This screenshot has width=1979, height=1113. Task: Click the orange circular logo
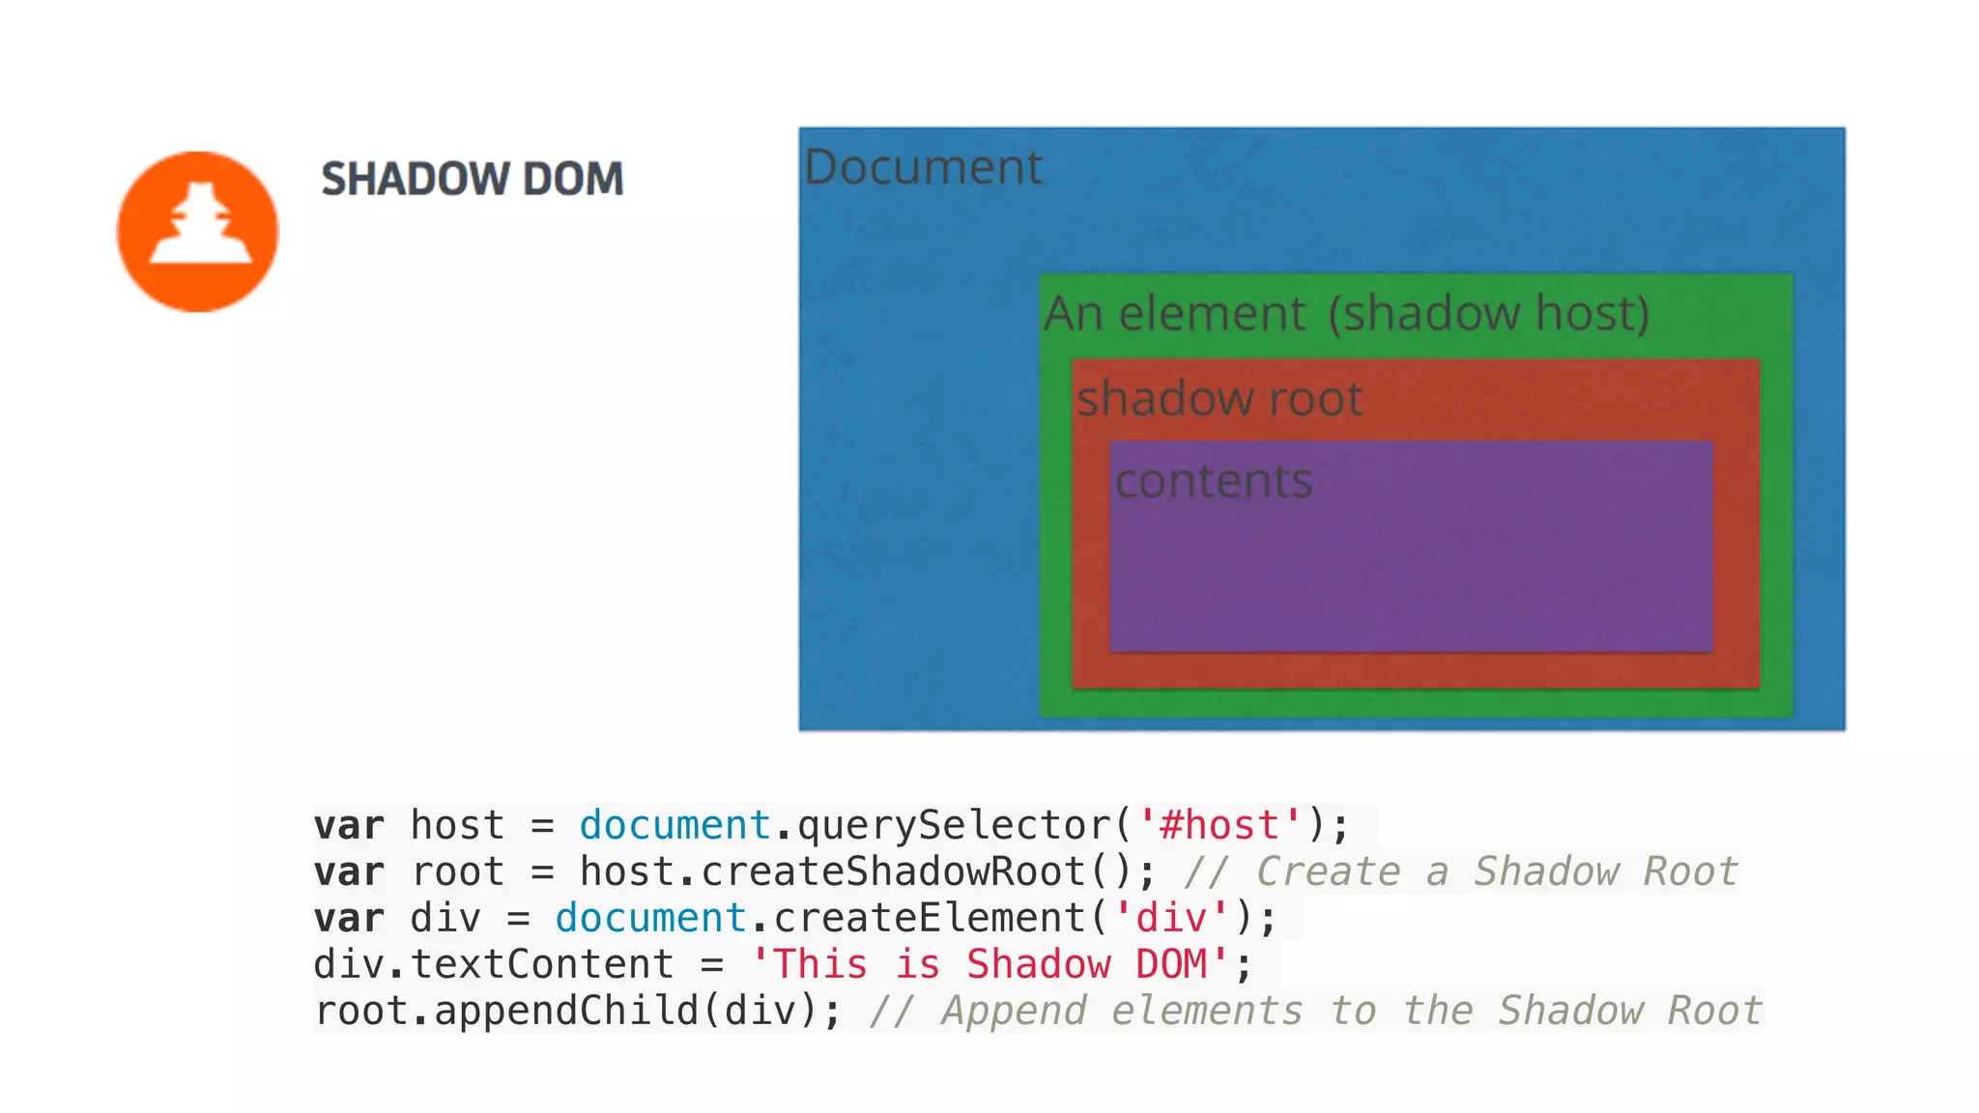pos(197,232)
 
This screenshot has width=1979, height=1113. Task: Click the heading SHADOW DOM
pos(473,179)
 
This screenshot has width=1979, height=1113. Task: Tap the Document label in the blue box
pos(923,167)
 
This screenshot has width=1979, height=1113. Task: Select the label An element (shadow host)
pos(1346,313)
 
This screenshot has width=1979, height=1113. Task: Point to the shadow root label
pos(1219,398)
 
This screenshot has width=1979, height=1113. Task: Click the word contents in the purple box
pos(1214,480)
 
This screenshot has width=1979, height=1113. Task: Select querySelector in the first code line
pos(955,825)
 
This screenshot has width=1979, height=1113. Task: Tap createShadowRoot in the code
pos(893,871)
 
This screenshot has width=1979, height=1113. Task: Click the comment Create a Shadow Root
pos(1461,871)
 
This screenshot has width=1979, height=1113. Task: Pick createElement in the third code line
pos(930,918)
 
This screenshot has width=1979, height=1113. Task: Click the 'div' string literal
pos(1171,918)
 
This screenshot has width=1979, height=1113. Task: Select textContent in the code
pos(542,964)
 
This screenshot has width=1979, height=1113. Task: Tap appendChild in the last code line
pos(566,1011)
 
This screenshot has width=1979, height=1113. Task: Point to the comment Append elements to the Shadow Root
pos(1316,1011)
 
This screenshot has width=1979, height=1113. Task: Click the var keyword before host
pos(349,825)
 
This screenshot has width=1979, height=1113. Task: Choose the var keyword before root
pos(349,871)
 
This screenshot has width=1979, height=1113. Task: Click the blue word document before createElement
pos(650,918)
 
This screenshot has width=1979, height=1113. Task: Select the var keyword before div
pos(349,918)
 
